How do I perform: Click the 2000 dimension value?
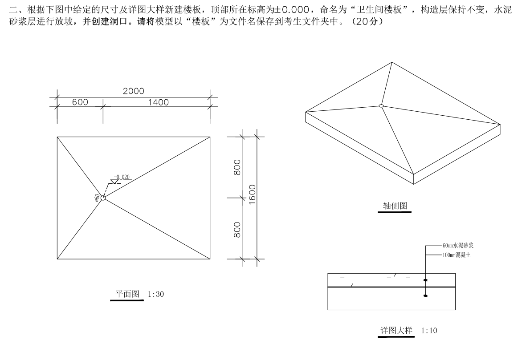tap(134, 91)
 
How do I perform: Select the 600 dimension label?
tap(80, 102)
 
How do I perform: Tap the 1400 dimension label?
tap(159, 102)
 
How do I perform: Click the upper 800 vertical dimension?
tap(237, 167)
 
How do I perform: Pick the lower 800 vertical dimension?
tap(237, 230)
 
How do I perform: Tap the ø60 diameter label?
tap(97, 198)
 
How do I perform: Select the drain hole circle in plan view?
tap(103, 198)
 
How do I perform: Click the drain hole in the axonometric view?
tap(381, 106)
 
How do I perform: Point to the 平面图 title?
tap(127, 294)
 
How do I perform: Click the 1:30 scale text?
tap(156, 294)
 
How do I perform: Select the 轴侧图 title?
tap(395, 206)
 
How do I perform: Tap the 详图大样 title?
tap(396, 331)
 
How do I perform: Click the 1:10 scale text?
tap(429, 331)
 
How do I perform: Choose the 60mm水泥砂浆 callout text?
tap(458, 245)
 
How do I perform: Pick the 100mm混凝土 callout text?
tap(457, 255)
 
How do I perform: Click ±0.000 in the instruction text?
tap(292, 10)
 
